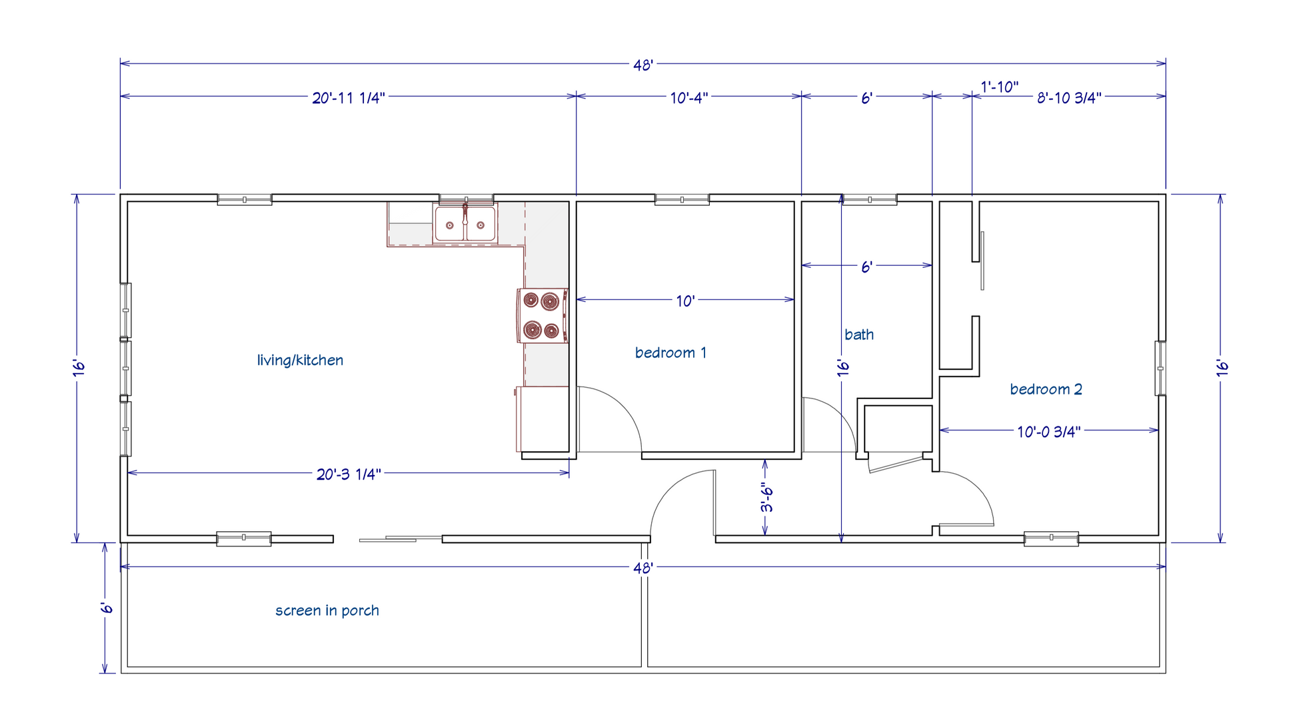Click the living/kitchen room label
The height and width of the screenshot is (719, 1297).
pos(300,360)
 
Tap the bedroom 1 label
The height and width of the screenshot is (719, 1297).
pos(670,353)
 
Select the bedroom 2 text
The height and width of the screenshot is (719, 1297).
pos(1046,389)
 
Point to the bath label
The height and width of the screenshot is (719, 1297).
pos(859,335)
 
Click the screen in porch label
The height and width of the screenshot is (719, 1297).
pos(327,610)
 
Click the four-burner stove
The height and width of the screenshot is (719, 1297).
pos(542,315)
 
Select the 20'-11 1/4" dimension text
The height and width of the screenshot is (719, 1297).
pos(349,98)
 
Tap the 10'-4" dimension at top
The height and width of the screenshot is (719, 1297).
pos(688,98)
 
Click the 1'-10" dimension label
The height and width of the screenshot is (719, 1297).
pos(999,87)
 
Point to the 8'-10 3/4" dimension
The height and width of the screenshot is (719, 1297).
pos(1069,98)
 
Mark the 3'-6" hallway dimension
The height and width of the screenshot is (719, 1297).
pos(766,498)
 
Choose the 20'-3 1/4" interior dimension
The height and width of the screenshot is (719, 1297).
pos(349,474)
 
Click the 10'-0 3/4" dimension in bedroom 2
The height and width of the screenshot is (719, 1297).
pos(1048,432)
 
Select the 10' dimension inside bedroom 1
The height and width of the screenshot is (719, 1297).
pos(685,301)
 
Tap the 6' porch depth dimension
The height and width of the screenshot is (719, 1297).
pos(106,608)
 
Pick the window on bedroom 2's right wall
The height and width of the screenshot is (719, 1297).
pos(1160,368)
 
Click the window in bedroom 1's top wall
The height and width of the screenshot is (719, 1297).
pos(682,199)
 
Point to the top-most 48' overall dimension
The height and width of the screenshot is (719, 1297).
pos(643,65)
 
